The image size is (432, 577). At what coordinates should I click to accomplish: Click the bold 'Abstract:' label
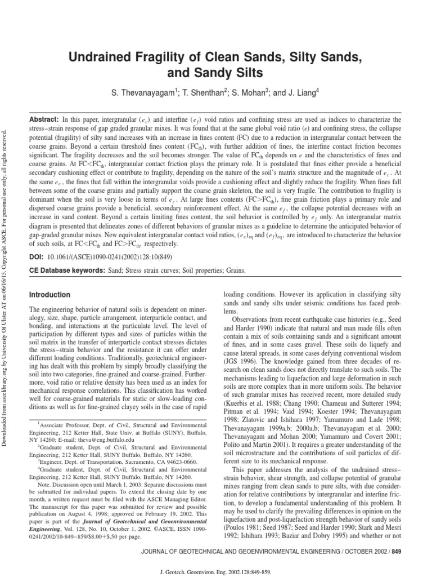pyautogui.click(x=44, y=120)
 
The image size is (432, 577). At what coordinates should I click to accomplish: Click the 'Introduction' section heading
pyautogui.click(x=49, y=295)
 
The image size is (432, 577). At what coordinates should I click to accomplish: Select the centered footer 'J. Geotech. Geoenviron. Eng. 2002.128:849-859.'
pyautogui.click(x=216, y=570)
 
